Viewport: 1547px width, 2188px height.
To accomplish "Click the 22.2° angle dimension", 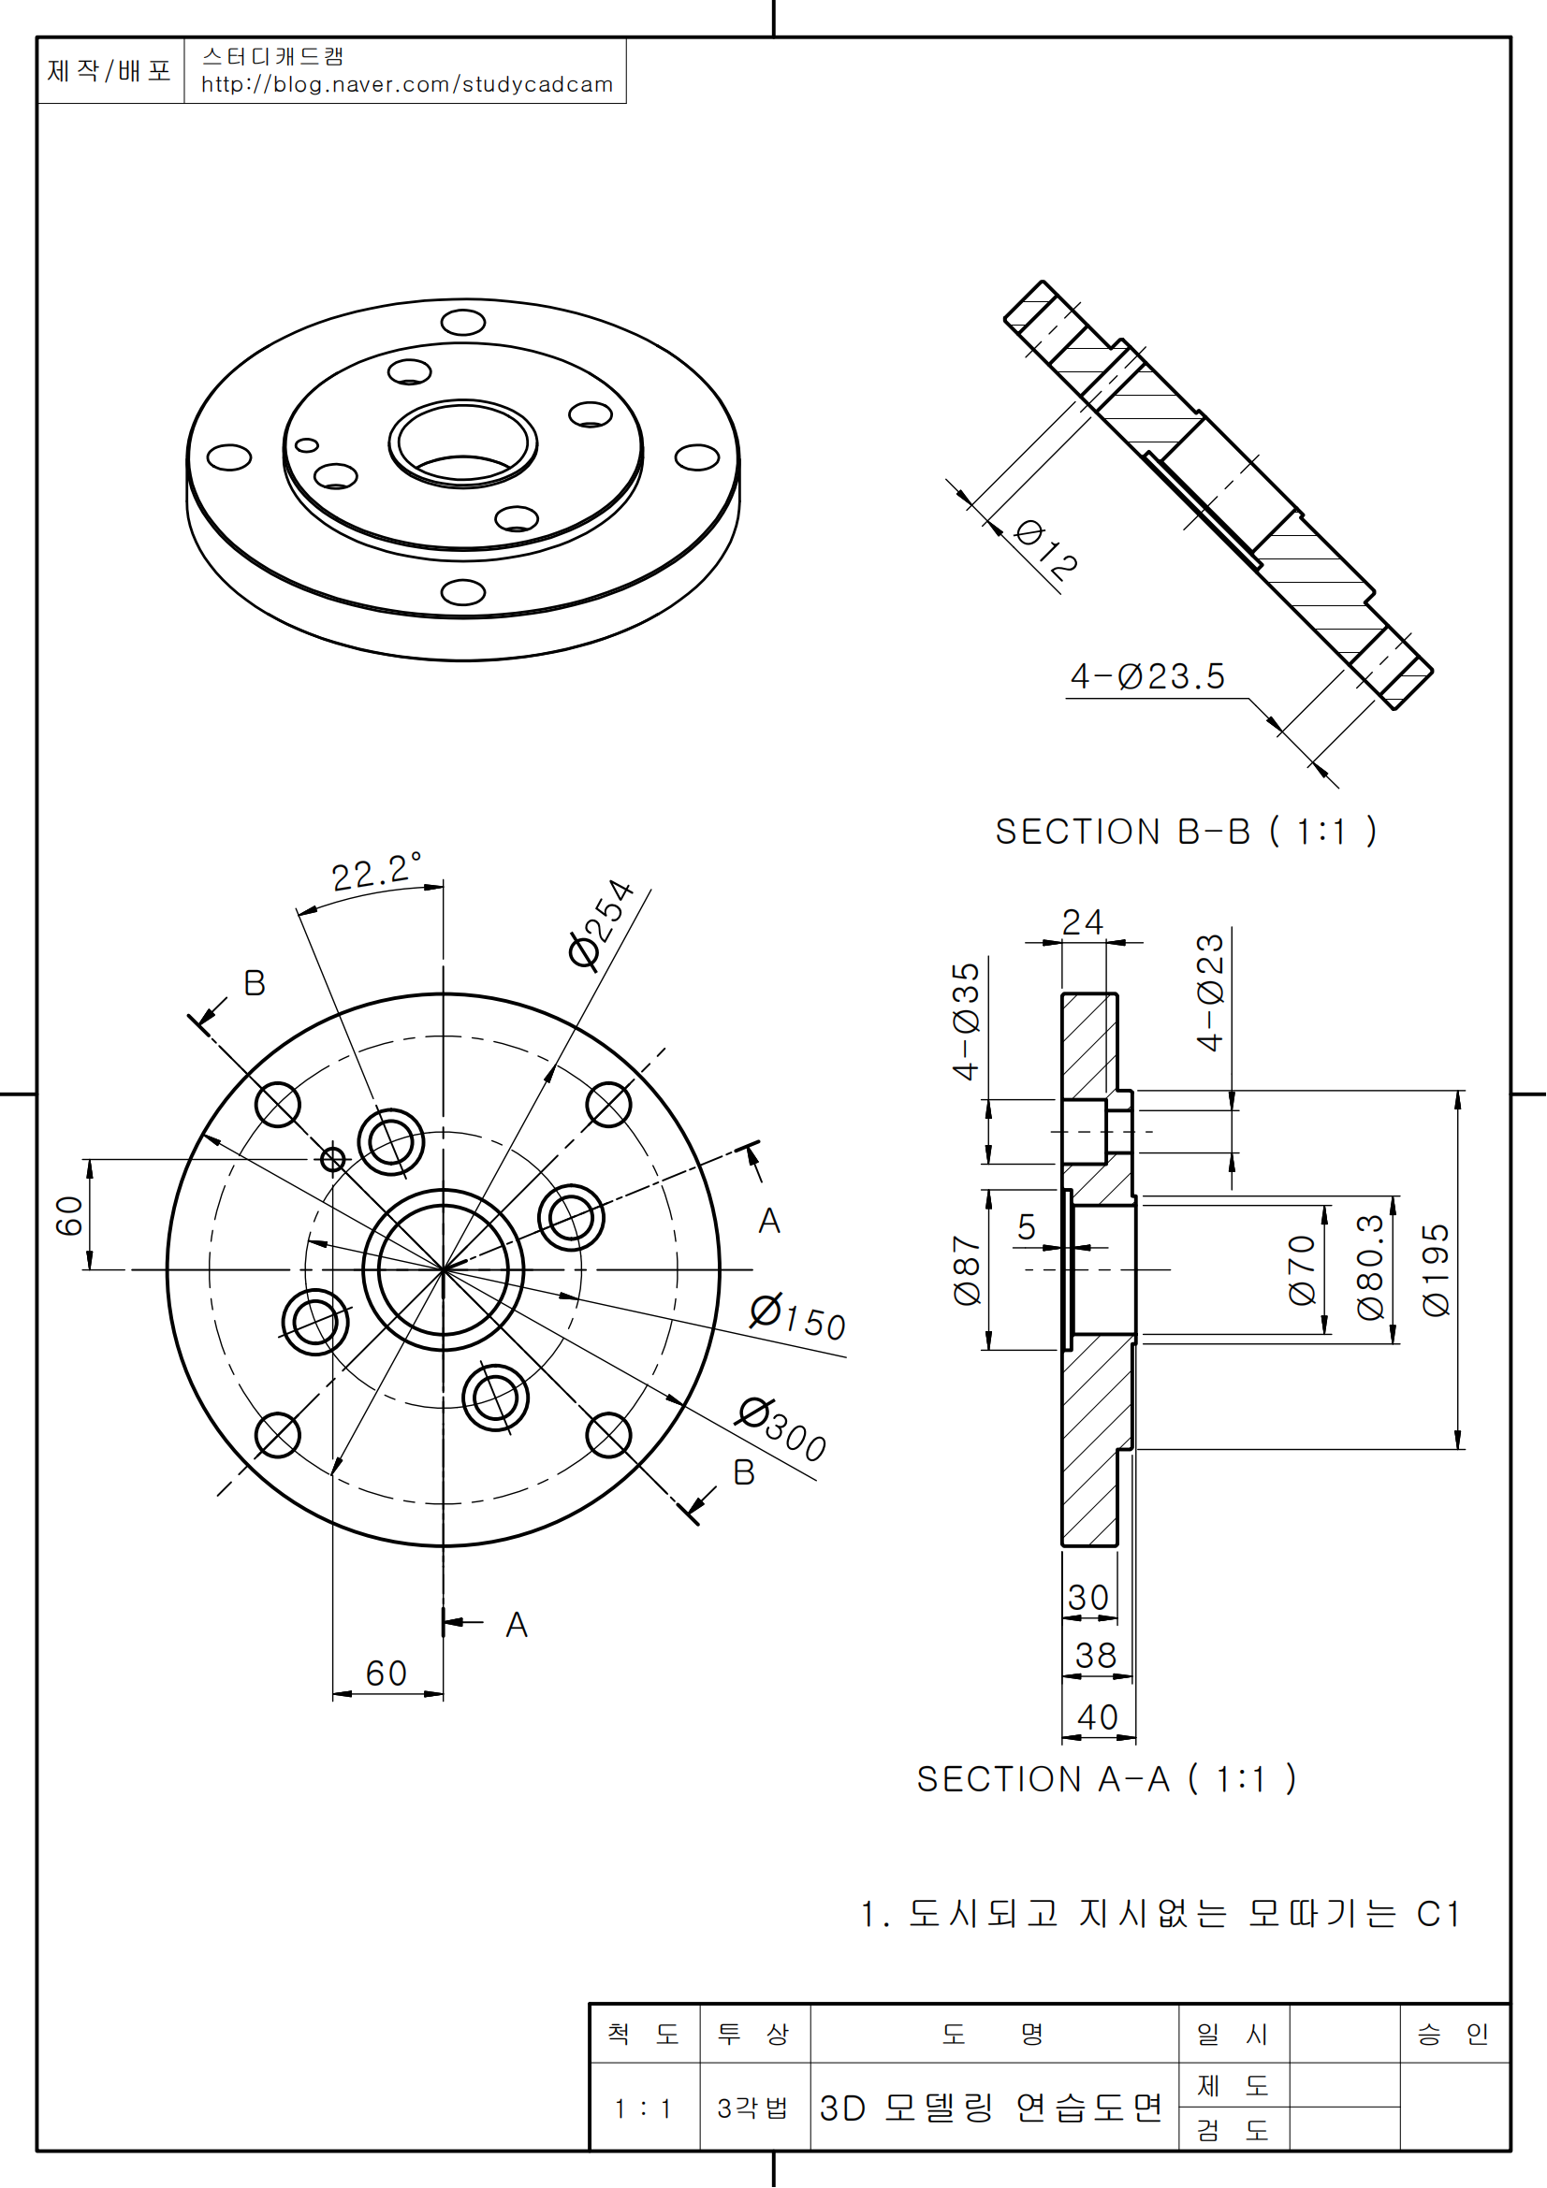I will point(375,872).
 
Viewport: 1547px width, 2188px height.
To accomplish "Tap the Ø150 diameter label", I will point(797,1318).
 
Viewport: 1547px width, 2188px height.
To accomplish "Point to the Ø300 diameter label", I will point(782,1429).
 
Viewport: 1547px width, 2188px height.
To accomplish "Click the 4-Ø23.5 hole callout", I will point(1147,676).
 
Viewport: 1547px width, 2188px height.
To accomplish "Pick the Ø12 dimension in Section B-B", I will point(1046,550).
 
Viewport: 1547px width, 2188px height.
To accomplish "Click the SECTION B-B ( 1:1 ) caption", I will point(1186,832).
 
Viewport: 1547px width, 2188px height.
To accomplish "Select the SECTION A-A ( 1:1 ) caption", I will point(1105,1779).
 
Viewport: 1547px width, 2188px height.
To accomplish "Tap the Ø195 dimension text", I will point(1436,1270).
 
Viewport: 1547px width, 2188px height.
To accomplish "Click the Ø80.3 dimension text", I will point(1370,1267).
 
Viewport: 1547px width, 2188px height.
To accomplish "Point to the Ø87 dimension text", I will point(967,1270).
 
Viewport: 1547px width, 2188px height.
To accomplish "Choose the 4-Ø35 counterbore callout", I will point(966,1022).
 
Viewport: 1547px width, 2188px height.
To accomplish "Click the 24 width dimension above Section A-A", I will point(1083,921).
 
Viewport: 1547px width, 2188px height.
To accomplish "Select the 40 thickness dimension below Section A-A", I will point(1097,1717).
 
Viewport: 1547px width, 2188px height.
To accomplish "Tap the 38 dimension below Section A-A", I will point(1095,1656).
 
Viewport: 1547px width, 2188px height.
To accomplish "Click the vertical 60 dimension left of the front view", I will point(68,1216).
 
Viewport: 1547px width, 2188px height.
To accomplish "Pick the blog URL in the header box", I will point(407,85).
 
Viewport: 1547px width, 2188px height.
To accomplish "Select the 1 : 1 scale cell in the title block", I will point(643,2108).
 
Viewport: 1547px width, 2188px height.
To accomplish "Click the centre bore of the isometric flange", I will point(463,443).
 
